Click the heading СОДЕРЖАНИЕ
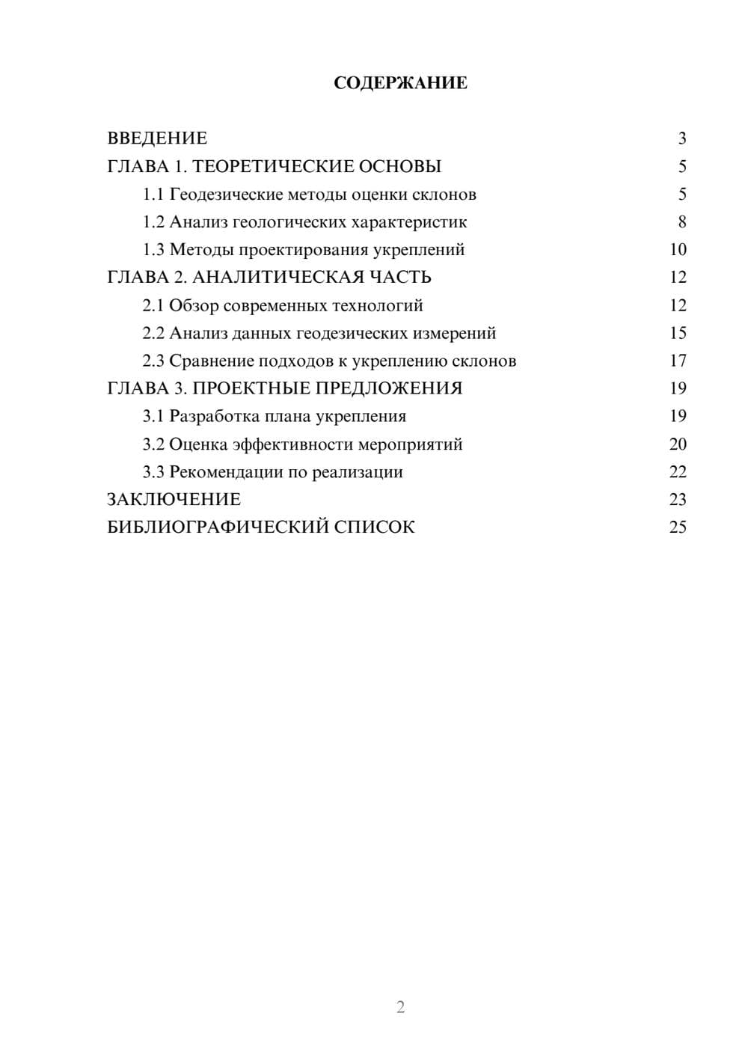click(x=400, y=83)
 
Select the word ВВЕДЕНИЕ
click(x=157, y=138)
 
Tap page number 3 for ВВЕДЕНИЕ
click(x=681, y=138)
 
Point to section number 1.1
click(x=153, y=195)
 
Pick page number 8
click(x=681, y=222)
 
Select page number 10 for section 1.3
click(x=678, y=250)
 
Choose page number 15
click(x=678, y=333)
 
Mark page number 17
click(x=678, y=361)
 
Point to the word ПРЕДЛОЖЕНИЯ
click(x=388, y=388)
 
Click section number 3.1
click(x=153, y=416)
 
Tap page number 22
click(x=678, y=472)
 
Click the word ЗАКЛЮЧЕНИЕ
click(x=174, y=500)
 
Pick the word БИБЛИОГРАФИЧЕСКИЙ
click(x=218, y=528)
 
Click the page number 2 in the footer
click(x=400, y=1007)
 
